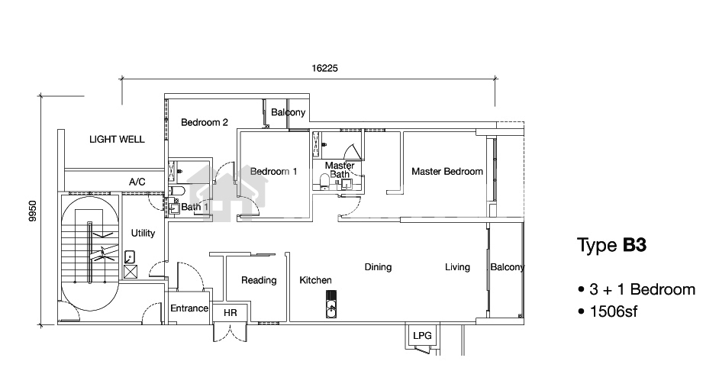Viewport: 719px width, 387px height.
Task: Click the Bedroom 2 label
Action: click(205, 122)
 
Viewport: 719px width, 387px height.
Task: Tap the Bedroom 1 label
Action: click(274, 172)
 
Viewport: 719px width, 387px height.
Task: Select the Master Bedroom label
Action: click(447, 172)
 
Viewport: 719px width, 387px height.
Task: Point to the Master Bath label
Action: click(340, 169)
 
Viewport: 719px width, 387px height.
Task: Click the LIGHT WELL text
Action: click(117, 140)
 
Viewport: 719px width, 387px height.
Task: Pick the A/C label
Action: click(137, 182)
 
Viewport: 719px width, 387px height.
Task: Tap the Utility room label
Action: click(143, 233)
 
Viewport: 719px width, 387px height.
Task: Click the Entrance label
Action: click(189, 308)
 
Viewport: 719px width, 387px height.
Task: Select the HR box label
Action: click(231, 313)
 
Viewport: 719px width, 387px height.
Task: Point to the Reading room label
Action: click(259, 281)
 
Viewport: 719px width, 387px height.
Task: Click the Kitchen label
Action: click(315, 280)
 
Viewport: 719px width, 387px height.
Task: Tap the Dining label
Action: click(378, 267)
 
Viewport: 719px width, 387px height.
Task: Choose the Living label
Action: click(457, 267)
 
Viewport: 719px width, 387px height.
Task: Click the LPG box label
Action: click(422, 336)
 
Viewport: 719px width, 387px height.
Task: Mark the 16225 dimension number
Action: click(324, 69)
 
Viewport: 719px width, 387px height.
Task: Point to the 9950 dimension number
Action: click(32, 211)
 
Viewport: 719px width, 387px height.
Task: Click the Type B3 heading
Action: click(611, 245)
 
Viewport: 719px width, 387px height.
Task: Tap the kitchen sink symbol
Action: click(331, 305)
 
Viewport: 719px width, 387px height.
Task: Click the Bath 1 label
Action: click(195, 207)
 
